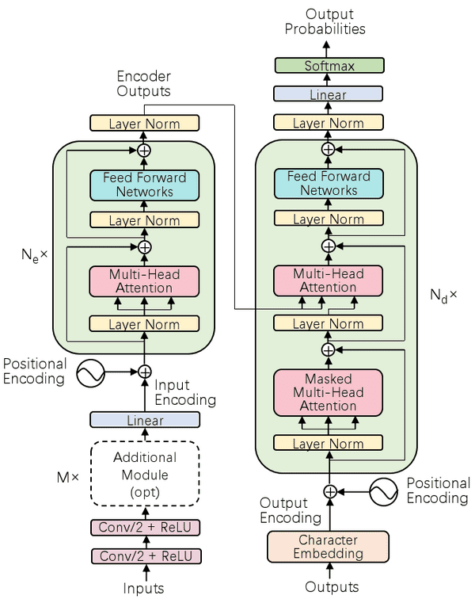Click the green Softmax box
tap(329, 66)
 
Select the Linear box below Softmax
tap(329, 94)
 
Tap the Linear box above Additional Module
tap(144, 420)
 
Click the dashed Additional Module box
tap(144, 474)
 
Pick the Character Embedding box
tap(328, 547)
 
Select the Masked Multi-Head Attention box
tap(328, 392)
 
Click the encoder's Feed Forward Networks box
tap(144, 185)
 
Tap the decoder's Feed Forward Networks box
tap(328, 183)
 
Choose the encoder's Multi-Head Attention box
tap(144, 281)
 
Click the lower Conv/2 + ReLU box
tap(144, 555)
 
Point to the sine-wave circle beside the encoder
tap(91, 372)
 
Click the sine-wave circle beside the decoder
tap(382, 492)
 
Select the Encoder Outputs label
tap(143, 84)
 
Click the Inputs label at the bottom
tap(144, 588)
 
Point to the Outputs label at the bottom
tap(332, 587)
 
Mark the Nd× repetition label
tap(443, 296)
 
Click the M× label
tap(67, 478)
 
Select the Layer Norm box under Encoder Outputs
tap(144, 124)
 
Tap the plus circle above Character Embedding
tap(331, 492)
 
